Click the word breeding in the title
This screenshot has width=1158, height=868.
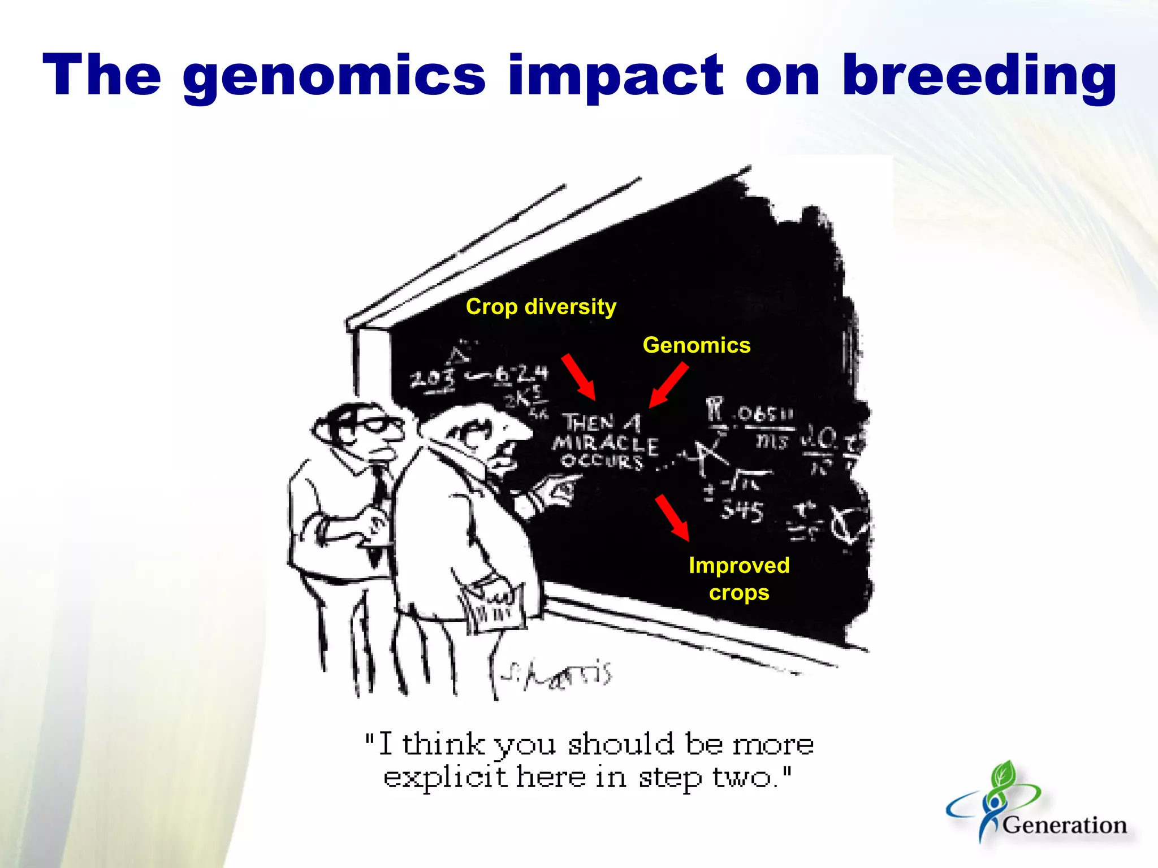click(x=979, y=76)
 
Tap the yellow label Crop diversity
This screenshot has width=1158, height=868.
click(x=541, y=307)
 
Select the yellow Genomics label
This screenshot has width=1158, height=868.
click(x=697, y=345)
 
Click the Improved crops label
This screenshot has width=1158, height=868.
click(x=739, y=579)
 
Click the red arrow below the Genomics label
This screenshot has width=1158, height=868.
click(x=668, y=385)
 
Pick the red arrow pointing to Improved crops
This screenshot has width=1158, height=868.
click(x=672, y=518)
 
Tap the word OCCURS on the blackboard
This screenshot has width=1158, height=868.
click(x=602, y=462)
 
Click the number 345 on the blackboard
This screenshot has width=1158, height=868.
click(x=741, y=511)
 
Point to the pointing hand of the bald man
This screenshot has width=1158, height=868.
click(x=557, y=489)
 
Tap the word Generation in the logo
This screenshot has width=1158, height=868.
click(x=1065, y=825)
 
